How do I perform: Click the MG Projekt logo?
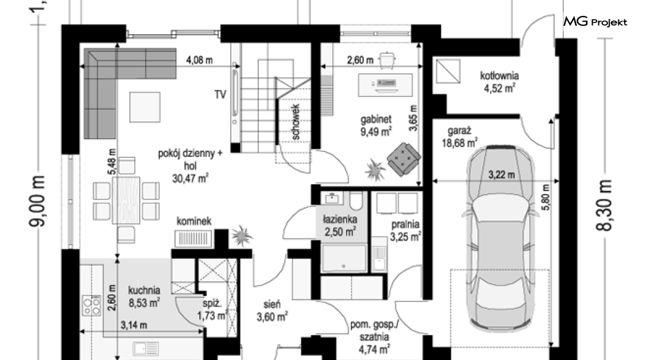pos(595,21)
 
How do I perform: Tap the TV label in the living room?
pos(220,95)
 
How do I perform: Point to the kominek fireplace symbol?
pos(193,239)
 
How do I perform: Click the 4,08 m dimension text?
pos(200,60)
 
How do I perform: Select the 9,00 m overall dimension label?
pos(37,201)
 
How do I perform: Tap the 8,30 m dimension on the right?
pos(604,205)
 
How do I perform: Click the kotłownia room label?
pos(499,76)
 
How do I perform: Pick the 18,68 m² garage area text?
pos(460,143)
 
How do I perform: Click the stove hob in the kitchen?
pos(91,305)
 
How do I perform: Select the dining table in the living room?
pos(126,200)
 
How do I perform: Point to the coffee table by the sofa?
pos(145,107)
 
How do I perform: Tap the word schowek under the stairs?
pos(295,121)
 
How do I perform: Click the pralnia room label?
pos(405,225)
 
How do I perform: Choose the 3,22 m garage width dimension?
pos(501,175)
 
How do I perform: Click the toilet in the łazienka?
pos(356,200)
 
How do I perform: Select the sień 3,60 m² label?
pos(272,311)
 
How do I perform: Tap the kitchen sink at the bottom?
pos(146,348)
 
